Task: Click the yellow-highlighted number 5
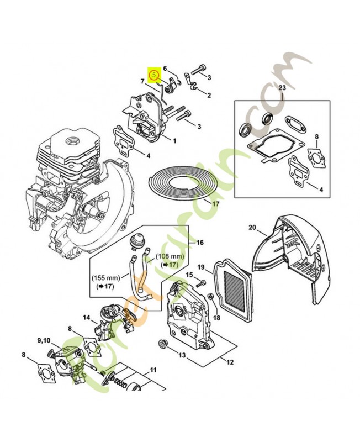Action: pos(154,72)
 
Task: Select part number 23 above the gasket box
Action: pos(282,88)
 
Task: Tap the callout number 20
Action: pos(252,227)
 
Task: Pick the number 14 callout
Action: pos(86,318)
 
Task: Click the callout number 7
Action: pos(142,81)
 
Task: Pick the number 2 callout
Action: pos(209,95)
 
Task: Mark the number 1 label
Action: pos(174,141)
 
